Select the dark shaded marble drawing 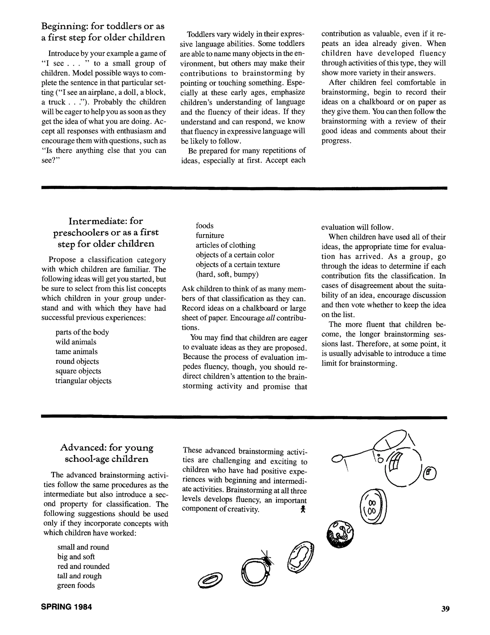tap(340, 534)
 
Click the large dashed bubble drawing tap(403, 468)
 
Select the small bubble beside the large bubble tap(430, 474)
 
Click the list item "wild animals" tap(76, 342)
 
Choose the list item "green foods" tap(76, 585)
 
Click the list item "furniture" tap(210, 235)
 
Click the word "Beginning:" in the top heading tap(64, 26)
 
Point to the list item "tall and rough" tap(79, 576)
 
